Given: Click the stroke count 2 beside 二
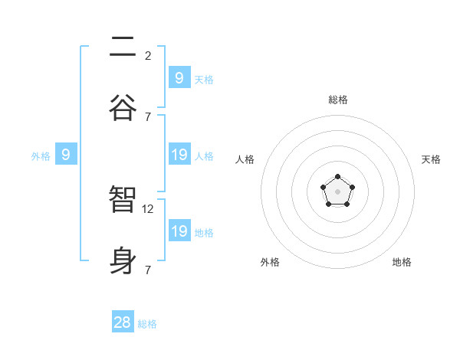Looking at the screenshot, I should click(x=148, y=55).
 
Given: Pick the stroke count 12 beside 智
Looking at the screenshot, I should click(x=149, y=208).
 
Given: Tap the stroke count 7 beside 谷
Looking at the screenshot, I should click(x=148, y=116).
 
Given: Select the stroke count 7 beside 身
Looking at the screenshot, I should click(x=148, y=270).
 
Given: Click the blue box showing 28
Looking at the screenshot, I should click(x=123, y=322).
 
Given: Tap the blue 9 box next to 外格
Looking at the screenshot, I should click(x=66, y=155).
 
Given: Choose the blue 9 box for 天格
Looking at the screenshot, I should click(x=179, y=77).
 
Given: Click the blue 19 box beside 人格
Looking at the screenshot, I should click(x=179, y=155).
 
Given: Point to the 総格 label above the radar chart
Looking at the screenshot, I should click(x=338, y=100).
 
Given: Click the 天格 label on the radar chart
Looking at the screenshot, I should click(x=431, y=159).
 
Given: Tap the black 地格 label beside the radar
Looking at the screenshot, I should click(x=402, y=262).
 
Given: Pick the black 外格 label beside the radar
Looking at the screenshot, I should click(x=270, y=262).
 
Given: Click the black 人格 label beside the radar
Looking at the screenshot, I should click(x=245, y=159).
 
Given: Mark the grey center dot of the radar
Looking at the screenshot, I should click(x=338, y=191).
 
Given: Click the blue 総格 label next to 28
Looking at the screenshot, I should click(x=147, y=324).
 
